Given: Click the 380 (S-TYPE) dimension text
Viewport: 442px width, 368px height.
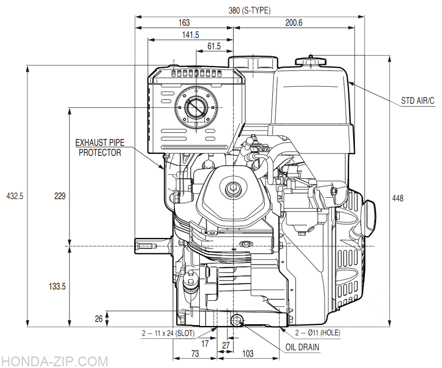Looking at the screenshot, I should (x=249, y=11).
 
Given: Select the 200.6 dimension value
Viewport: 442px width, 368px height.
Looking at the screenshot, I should (x=293, y=23).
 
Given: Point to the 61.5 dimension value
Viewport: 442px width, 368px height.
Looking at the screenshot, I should (x=213, y=46).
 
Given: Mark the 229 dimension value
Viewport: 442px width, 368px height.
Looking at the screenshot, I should (x=60, y=196).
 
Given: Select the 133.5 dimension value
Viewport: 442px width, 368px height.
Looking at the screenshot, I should (x=57, y=287).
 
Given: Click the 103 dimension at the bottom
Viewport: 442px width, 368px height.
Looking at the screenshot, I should (x=248, y=353).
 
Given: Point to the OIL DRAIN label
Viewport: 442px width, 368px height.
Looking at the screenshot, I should (x=302, y=347).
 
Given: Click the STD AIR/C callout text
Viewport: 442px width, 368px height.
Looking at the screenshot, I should (x=418, y=101).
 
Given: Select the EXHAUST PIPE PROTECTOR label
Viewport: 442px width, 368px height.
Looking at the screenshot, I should (x=99, y=148).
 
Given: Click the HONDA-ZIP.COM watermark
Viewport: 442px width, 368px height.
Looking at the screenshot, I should (x=54, y=361).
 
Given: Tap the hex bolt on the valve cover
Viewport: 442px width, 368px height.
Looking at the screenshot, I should (x=232, y=188).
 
